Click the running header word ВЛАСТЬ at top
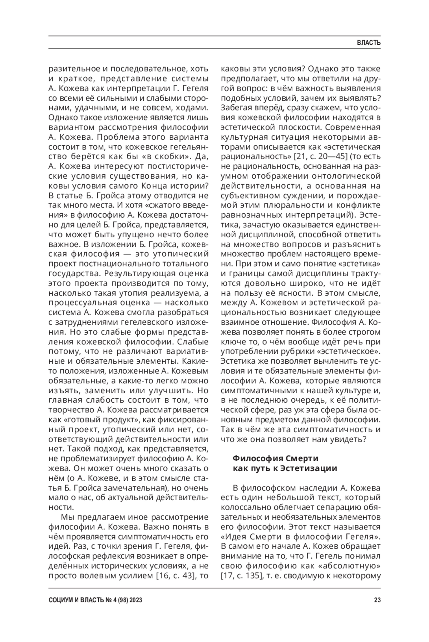coord(369,43)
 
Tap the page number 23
coord(377,600)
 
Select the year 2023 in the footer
coord(135,600)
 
